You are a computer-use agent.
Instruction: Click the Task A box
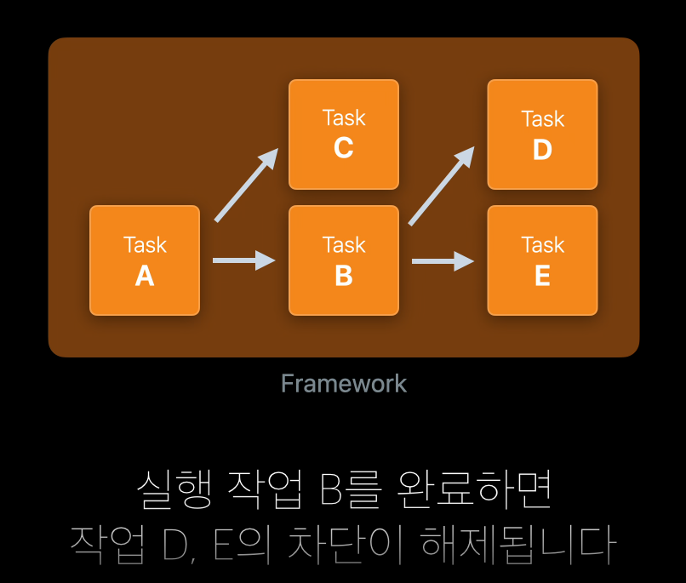[145, 260]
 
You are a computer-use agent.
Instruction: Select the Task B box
[344, 260]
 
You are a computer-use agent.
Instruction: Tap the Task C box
[344, 134]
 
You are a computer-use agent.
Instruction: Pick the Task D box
[542, 134]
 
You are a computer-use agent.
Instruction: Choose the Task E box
[542, 260]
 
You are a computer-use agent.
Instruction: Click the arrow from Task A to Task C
[246, 186]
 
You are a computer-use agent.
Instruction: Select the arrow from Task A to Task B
[243, 260]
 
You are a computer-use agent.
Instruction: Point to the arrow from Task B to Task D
[442, 186]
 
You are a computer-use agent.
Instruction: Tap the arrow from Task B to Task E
[443, 260]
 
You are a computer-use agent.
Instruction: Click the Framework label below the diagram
[344, 384]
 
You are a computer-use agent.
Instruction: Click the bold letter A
[145, 276]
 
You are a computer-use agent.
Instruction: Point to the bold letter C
[344, 149]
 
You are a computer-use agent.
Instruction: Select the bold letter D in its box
[542, 150]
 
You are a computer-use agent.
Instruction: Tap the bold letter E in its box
[542, 276]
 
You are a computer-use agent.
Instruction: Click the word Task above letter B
[344, 245]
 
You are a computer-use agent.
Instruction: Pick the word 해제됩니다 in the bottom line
[518, 546]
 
